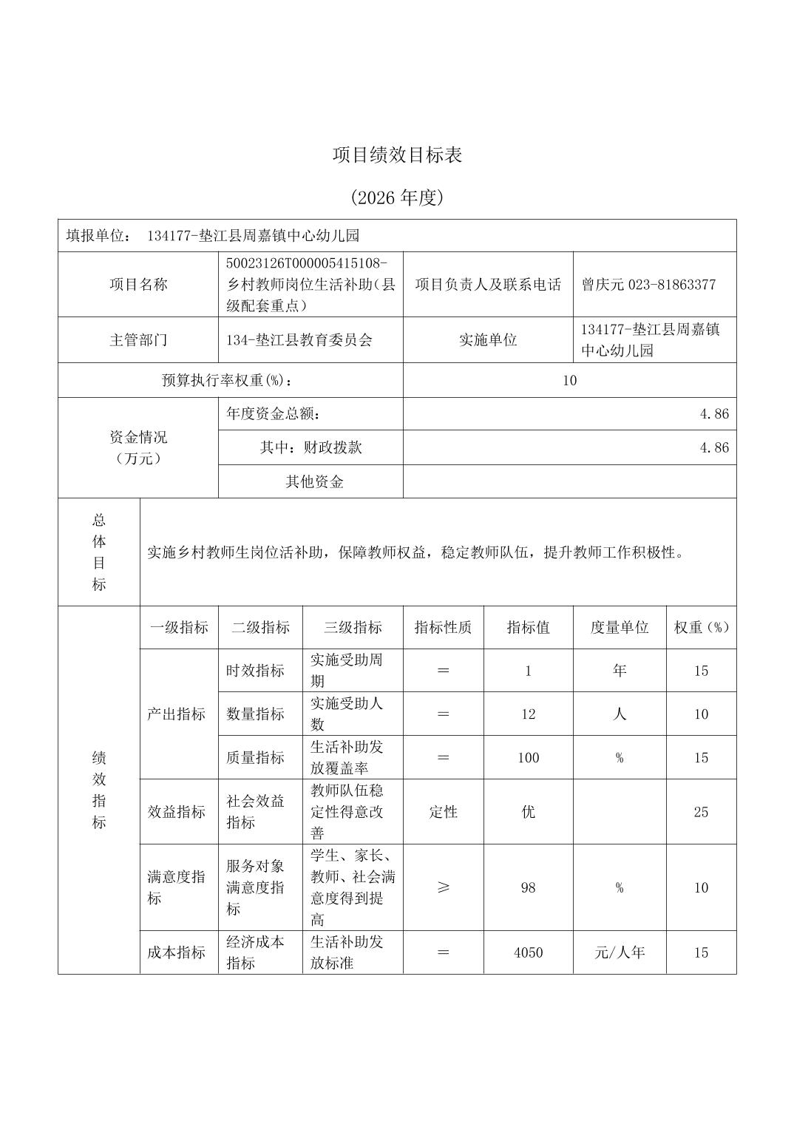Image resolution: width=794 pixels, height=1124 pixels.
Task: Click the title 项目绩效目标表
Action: click(x=397, y=155)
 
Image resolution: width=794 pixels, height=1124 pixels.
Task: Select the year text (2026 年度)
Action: click(x=397, y=197)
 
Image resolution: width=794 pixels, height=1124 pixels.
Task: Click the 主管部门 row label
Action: click(x=138, y=340)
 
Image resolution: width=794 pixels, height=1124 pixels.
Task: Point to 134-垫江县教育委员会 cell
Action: click(x=299, y=340)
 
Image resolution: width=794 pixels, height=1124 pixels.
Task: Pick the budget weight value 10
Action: click(x=569, y=381)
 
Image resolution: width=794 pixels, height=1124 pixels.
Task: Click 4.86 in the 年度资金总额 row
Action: click(x=714, y=414)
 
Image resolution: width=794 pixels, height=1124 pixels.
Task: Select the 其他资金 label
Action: click(x=314, y=482)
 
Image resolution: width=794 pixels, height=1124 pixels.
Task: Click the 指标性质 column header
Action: click(x=443, y=628)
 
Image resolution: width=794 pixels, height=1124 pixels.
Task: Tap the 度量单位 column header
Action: click(x=619, y=628)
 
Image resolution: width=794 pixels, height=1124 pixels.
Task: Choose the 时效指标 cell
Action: click(x=255, y=671)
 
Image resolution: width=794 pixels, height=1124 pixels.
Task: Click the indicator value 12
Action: click(x=528, y=714)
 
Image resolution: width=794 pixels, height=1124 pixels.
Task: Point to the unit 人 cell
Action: click(x=619, y=714)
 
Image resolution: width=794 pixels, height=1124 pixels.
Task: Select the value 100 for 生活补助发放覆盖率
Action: click(x=528, y=758)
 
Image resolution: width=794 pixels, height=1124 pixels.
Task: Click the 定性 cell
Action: click(x=443, y=812)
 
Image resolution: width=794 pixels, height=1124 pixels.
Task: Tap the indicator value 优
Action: click(x=528, y=812)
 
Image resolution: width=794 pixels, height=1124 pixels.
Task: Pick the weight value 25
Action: click(x=701, y=812)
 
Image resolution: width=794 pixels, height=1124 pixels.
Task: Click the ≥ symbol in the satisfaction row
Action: click(x=443, y=887)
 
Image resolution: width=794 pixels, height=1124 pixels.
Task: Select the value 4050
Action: click(x=528, y=952)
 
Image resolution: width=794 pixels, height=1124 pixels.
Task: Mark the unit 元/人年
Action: click(x=619, y=952)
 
